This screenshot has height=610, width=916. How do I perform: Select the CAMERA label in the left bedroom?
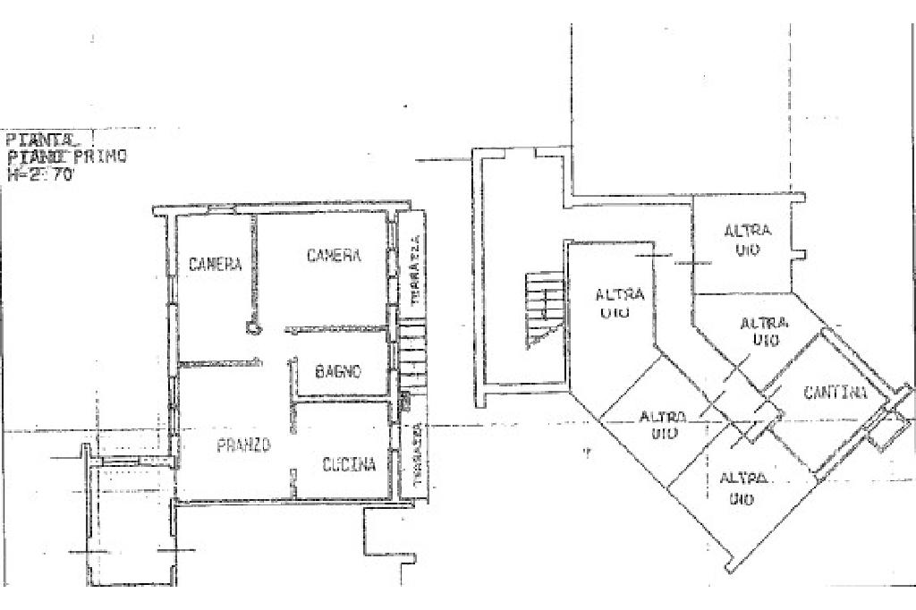pyautogui.click(x=215, y=264)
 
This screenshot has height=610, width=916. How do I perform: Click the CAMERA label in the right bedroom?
pyautogui.click(x=334, y=256)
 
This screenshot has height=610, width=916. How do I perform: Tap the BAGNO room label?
pyautogui.click(x=337, y=371)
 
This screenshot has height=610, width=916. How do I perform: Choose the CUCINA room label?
pyautogui.click(x=349, y=464)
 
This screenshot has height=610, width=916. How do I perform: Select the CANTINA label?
pyautogui.click(x=835, y=392)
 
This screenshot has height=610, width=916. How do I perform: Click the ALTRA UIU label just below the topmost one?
pyautogui.click(x=765, y=331)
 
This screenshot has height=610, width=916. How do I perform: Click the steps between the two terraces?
pyautogui.click(x=413, y=357)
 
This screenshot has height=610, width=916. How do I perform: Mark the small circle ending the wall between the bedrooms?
pyautogui.click(x=252, y=328)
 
